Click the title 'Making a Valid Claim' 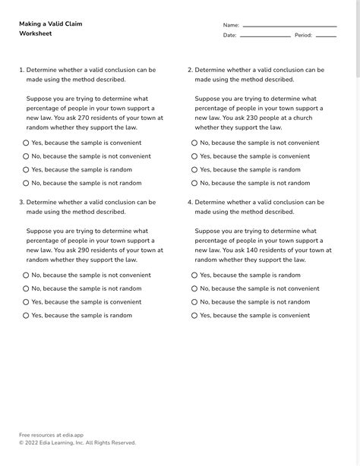(x=50, y=24)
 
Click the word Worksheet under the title (x=35, y=34)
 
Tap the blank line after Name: (x=289, y=26)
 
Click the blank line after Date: (x=265, y=36)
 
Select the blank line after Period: (x=326, y=36)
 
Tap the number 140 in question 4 (x=262, y=250)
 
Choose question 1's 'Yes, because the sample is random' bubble (x=26, y=170)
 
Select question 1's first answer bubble (x=26, y=143)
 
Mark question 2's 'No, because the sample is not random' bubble (x=194, y=183)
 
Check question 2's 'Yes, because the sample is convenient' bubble (x=194, y=156)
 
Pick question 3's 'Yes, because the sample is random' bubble (x=26, y=315)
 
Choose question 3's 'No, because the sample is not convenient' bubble (x=26, y=276)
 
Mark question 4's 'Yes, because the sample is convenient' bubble (x=194, y=315)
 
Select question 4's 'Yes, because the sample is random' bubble (x=194, y=276)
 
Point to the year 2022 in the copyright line (x=33, y=442)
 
